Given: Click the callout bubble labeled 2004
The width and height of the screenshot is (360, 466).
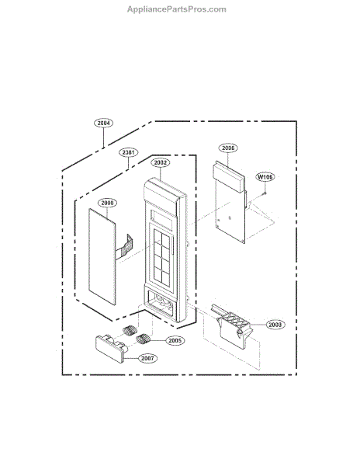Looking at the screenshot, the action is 104,123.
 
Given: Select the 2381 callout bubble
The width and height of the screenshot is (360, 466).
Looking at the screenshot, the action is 129,152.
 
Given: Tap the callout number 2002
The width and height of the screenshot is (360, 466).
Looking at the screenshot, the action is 161,162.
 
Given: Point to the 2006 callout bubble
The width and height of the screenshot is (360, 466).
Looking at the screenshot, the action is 228,148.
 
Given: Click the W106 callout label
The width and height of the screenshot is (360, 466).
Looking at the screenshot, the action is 265,177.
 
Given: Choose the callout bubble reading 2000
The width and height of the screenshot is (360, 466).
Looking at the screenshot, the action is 107,203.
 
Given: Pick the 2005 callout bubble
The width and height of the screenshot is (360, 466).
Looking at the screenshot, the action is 175,341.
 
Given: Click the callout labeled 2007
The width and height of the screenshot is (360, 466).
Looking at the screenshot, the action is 147,358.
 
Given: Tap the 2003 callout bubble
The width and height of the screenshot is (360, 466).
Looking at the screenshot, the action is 275,325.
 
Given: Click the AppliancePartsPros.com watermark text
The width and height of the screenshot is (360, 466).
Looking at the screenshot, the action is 177,9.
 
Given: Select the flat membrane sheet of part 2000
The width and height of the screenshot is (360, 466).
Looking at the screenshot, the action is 102,256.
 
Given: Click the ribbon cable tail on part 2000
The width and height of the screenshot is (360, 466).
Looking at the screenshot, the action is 124,247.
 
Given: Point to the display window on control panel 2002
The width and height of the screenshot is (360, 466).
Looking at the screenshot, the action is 161,220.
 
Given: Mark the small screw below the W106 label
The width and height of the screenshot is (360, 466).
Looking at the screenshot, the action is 265,193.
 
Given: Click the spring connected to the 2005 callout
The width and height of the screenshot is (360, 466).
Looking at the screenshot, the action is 144,339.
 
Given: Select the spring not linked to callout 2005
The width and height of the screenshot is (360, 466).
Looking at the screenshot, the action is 130,330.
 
